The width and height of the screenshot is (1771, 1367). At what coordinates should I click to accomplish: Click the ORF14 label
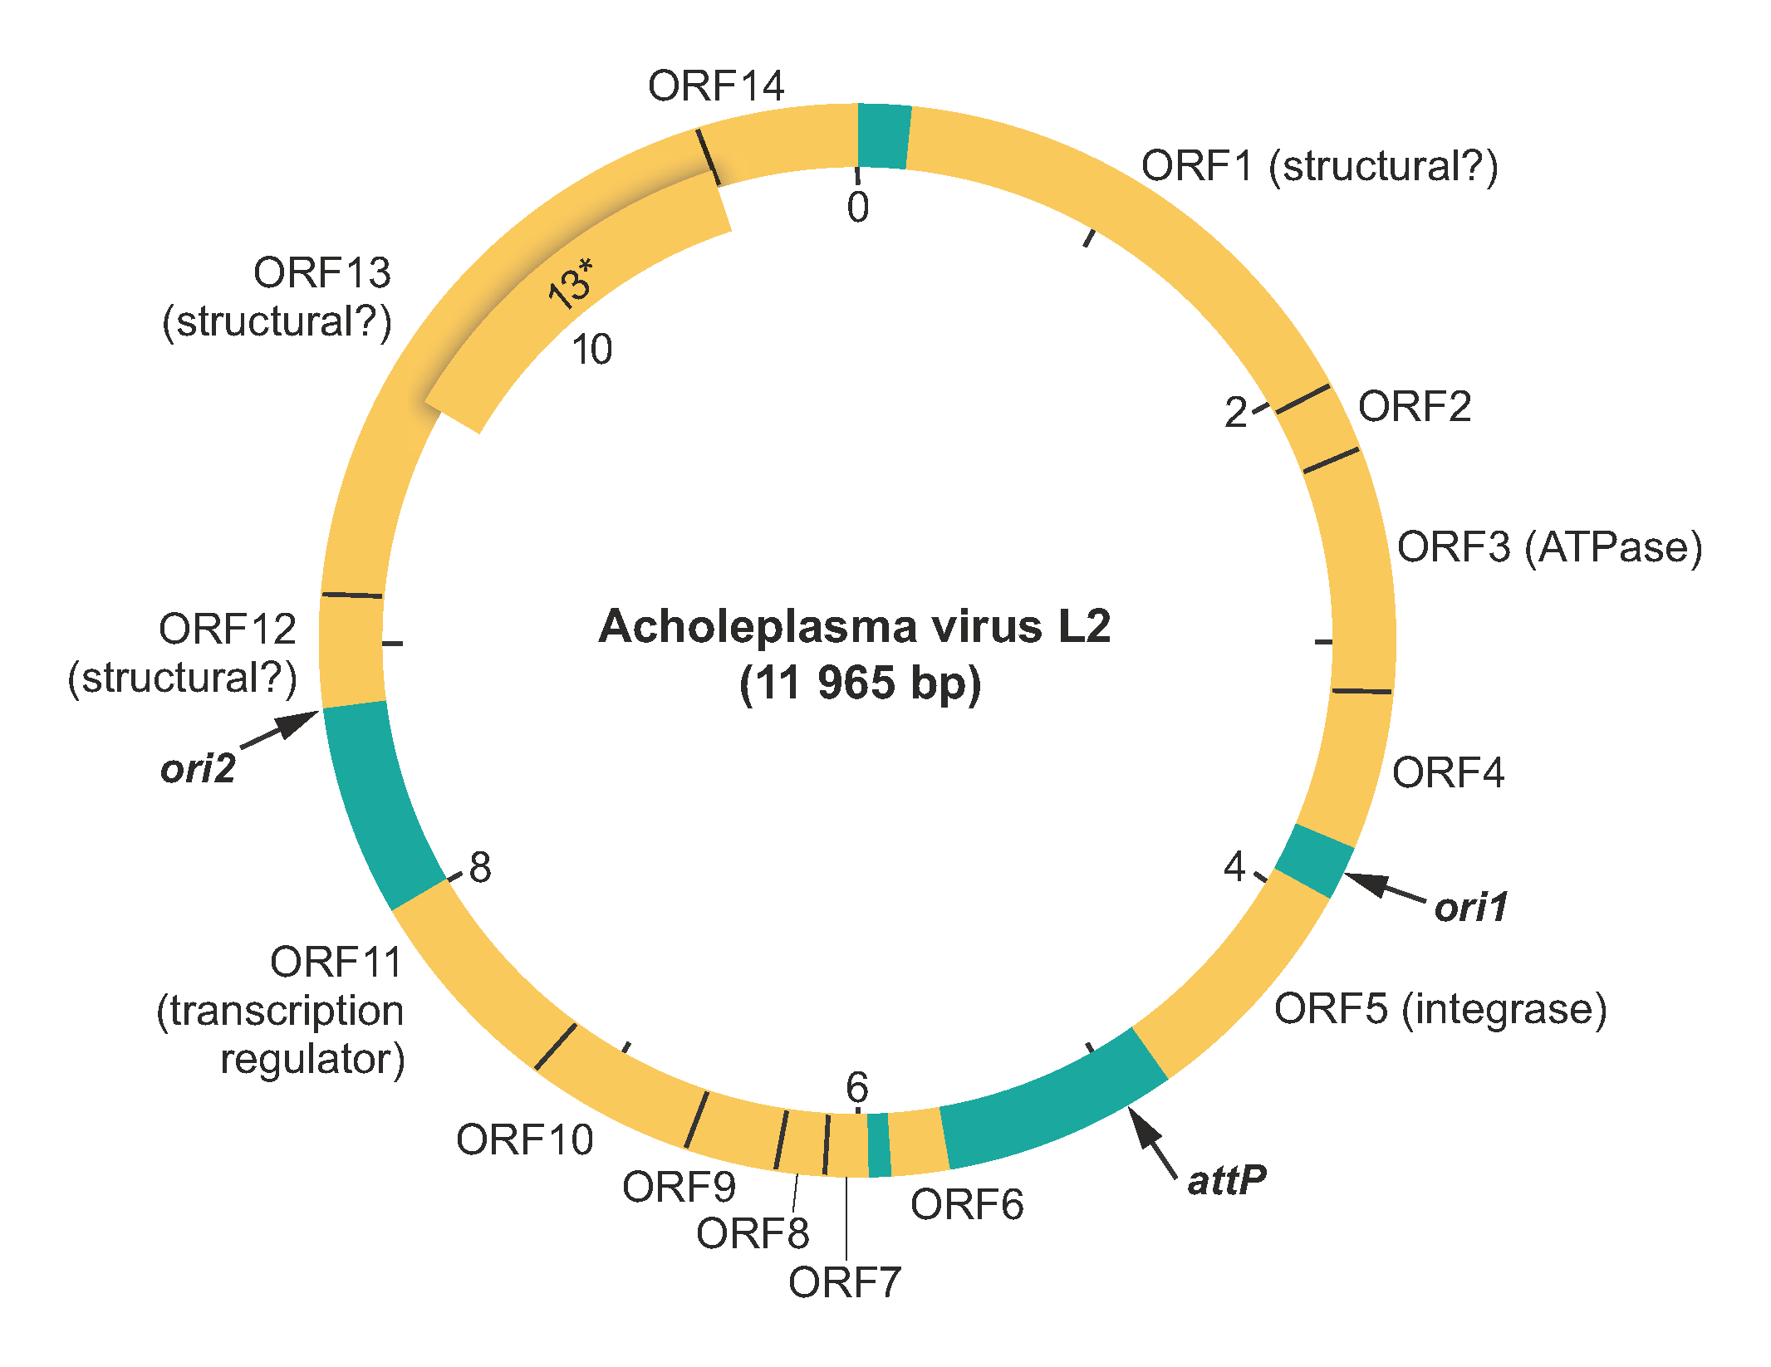715,86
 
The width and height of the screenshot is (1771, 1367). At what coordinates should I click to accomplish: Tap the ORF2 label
1414,407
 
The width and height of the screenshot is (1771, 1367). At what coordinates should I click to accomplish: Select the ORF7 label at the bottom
844,1283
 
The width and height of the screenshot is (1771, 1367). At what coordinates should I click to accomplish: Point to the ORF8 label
753,1234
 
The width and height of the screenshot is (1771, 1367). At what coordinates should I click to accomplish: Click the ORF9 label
679,1187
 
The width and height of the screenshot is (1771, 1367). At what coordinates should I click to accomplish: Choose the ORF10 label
524,1139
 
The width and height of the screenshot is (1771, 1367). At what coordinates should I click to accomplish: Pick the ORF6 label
967,1205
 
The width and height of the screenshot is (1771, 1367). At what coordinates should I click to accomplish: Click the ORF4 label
1448,773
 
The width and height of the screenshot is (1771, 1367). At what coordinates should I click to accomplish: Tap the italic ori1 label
1470,907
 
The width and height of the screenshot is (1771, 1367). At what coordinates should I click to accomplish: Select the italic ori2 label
198,769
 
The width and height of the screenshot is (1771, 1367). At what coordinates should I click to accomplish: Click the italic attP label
1226,1180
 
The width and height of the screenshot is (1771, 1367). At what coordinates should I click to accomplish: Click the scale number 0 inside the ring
858,208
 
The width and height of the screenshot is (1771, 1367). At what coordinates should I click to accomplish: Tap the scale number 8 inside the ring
480,868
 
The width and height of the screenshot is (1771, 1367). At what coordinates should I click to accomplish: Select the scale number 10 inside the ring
591,350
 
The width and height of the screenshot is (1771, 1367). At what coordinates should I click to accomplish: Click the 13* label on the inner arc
572,284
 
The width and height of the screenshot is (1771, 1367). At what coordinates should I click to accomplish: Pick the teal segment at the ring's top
884,136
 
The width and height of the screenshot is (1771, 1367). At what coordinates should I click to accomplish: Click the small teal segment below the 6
879,1144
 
